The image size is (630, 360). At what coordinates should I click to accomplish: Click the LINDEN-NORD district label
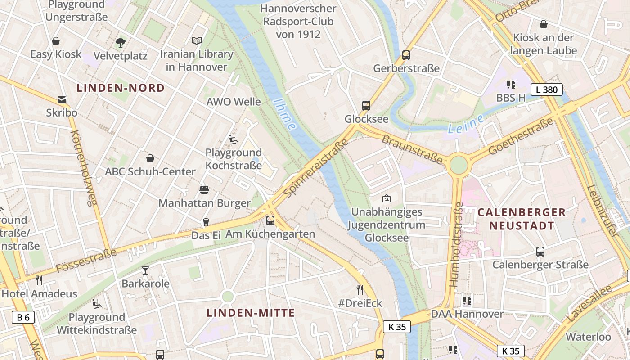coord(121,88)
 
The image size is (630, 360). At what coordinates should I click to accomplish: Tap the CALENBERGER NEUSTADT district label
coord(522,219)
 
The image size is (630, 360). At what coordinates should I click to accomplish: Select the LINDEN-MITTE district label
coord(251,313)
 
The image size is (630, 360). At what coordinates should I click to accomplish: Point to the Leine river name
coord(466,125)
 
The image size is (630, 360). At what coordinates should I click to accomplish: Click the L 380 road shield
coord(546,90)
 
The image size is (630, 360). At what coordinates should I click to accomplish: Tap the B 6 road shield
coord(23,317)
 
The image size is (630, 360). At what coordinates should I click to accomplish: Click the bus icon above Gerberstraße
coord(406,55)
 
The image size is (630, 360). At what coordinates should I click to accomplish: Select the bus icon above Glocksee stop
coord(366,106)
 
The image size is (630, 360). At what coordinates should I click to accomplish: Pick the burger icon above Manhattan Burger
coord(204,189)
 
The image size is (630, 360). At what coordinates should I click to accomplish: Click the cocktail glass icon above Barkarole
coord(145,270)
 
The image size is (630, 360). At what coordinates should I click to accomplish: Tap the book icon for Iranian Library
coord(197,41)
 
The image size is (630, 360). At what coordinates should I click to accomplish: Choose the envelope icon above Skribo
coord(62,100)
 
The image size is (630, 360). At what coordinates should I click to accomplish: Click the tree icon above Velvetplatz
coord(120,43)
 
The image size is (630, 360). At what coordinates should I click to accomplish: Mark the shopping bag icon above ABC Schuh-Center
coord(150,158)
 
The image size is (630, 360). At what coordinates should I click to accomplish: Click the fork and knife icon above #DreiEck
coord(360,289)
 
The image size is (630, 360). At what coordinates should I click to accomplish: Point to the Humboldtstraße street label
coord(456,245)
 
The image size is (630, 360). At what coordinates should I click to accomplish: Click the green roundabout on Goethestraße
coord(458,165)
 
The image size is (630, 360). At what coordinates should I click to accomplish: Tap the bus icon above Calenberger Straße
coord(540,252)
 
